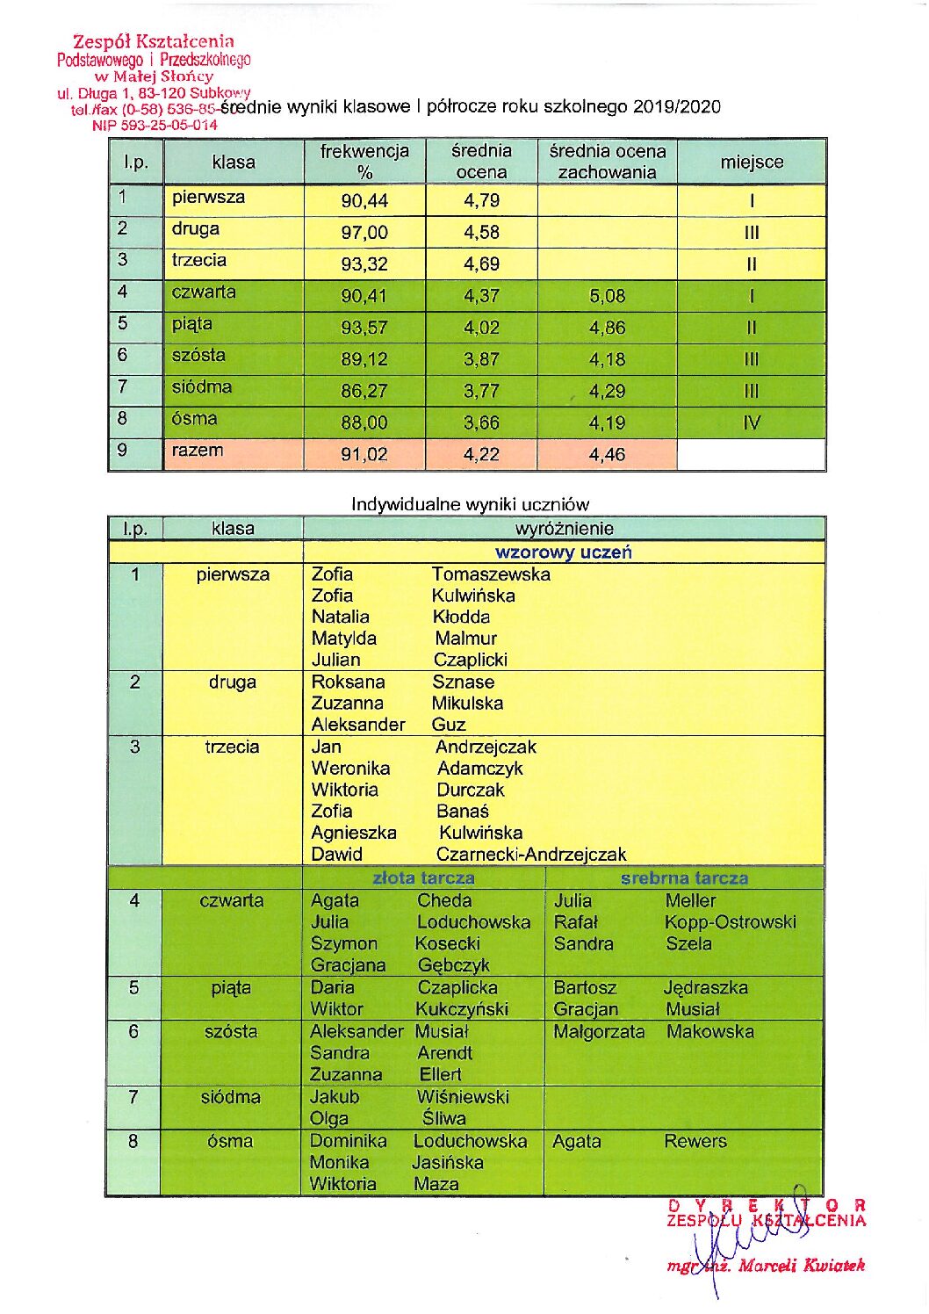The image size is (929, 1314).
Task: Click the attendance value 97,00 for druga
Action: (x=364, y=233)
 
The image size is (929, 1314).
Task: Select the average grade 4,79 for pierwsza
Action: (x=481, y=201)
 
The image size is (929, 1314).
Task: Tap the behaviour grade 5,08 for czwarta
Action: (x=608, y=296)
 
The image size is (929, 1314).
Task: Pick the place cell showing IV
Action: (x=752, y=423)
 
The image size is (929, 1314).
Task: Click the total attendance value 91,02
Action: (x=364, y=455)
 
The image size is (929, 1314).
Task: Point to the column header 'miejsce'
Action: (x=752, y=162)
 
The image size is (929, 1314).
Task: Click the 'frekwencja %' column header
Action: (x=364, y=162)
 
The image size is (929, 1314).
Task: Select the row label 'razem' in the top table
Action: (x=198, y=451)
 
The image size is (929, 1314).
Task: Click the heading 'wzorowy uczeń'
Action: (x=564, y=552)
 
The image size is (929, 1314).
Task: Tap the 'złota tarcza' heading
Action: (x=423, y=877)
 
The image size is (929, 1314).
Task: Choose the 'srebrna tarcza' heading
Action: (x=684, y=877)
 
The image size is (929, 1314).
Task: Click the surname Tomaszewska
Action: (x=491, y=574)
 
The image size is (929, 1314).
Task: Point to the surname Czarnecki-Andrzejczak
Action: (x=531, y=855)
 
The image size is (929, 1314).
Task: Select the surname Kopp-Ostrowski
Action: (x=731, y=922)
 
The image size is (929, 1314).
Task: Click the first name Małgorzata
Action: (x=599, y=1032)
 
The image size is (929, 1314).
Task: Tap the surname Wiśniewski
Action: (x=463, y=1097)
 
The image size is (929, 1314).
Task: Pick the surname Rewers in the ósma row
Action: (x=695, y=1142)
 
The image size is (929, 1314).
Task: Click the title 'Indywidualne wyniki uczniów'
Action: (x=470, y=505)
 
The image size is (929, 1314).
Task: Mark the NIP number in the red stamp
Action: (x=155, y=126)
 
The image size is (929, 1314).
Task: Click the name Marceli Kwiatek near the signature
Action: (x=801, y=1266)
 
